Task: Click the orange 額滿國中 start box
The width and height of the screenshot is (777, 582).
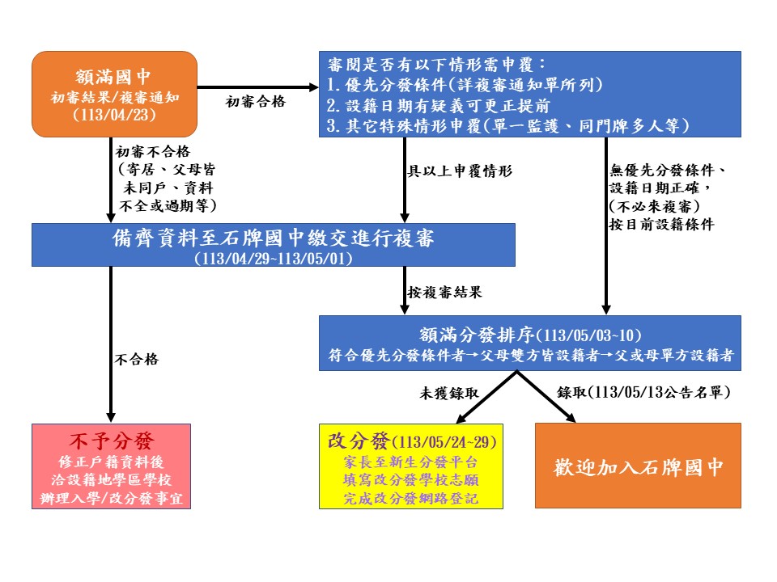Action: (x=114, y=94)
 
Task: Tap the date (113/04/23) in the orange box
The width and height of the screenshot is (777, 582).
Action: (x=114, y=115)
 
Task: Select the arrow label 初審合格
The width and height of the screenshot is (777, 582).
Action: (x=256, y=102)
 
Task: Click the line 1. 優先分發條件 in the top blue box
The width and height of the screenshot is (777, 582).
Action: (x=465, y=85)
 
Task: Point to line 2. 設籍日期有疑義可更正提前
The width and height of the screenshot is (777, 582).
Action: (x=439, y=105)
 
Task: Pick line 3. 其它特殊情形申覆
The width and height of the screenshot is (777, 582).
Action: (x=507, y=125)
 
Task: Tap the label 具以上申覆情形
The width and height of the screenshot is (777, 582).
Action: (x=460, y=171)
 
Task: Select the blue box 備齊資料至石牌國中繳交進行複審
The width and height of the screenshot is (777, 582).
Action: (x=274, y=245)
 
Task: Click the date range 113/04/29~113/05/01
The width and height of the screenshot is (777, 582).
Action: (x=274, y=259)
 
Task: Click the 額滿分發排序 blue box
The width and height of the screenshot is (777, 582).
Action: (x=530, y=343)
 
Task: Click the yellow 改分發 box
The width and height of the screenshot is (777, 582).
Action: (x=411, y=466)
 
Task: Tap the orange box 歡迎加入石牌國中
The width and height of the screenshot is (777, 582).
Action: (x=638, y=466)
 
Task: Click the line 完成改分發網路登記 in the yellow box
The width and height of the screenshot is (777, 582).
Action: (x=411, y=499)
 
